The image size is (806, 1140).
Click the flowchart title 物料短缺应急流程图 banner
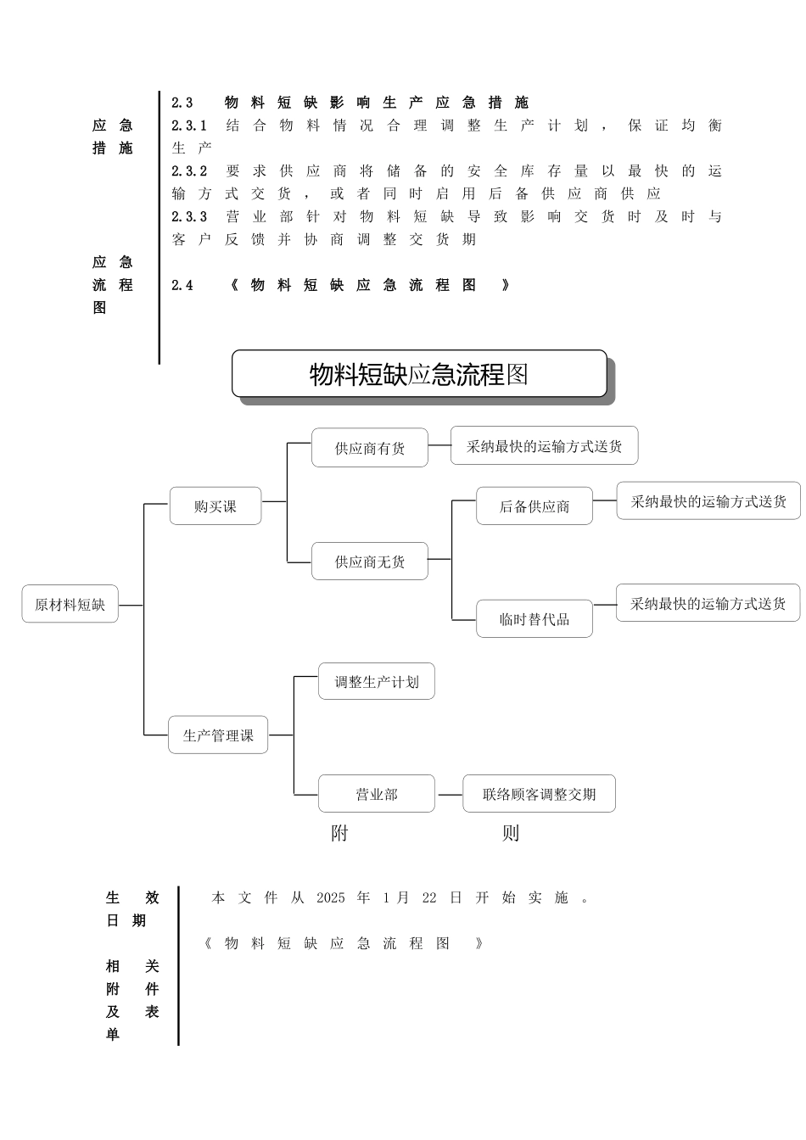click(x=419, y=374)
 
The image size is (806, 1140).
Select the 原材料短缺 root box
click(x=70, y=605)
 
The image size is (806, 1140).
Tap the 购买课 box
click(x=215, y=506)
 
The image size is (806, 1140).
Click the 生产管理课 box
click(x=218, y=735)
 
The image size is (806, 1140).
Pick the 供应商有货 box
click(x=369, y=448)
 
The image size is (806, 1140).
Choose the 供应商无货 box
click(x=369, y=562)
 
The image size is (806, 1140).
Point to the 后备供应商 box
click(x=534, y=506)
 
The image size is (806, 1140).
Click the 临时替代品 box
click(x=534, y=619)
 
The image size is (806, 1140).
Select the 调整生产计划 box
click(x=376, y=682)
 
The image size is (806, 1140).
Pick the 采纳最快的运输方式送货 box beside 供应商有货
click(x=544, y=446)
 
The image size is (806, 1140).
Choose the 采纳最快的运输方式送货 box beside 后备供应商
click(x=708, y=501)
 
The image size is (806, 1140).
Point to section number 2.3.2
click(x=189, y=171)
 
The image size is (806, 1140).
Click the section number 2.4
click(x=182, y=286)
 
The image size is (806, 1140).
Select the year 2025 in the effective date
click(x=331, y=898)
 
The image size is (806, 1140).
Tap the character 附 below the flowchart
click(x=339, y=834)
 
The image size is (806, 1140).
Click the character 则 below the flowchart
click(x=510, y=834)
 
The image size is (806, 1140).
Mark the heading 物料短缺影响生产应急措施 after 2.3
click(x=376, y=103)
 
